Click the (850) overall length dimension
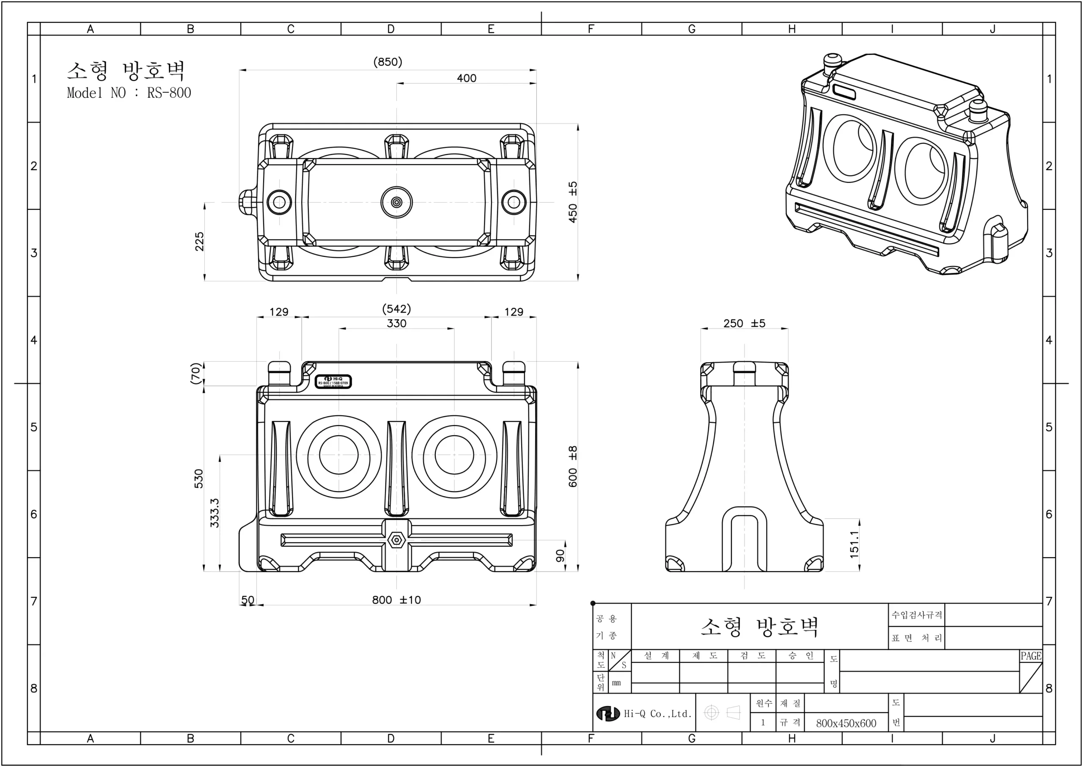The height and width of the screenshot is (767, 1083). [387, 62]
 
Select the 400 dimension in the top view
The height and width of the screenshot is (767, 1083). [466, 78]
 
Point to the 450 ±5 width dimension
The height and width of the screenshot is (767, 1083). [572, 202]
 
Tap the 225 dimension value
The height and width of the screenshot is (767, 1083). [199, 241]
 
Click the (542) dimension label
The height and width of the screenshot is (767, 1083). [396, 309]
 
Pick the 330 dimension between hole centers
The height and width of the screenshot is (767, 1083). [396, 324]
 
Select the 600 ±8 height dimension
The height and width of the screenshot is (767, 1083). [572, 467]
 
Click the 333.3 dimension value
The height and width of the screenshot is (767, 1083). [214, 513]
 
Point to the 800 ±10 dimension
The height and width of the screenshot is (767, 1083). [396, 600]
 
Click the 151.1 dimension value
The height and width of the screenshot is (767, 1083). [854, 544]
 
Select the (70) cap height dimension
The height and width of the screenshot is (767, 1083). [195, 374]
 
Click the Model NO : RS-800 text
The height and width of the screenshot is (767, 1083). [129, 93]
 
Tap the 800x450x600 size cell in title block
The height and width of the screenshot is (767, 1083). [846, 723]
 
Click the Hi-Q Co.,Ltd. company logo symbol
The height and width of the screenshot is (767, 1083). [607, 714]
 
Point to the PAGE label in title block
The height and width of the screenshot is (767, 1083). [1031, 656]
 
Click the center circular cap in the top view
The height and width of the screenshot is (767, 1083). [396, 202]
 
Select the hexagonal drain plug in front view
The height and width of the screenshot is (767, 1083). [396, 540]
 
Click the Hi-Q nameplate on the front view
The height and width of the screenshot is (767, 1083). [333, 382]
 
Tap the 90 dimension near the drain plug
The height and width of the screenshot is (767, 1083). [561, 555]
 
